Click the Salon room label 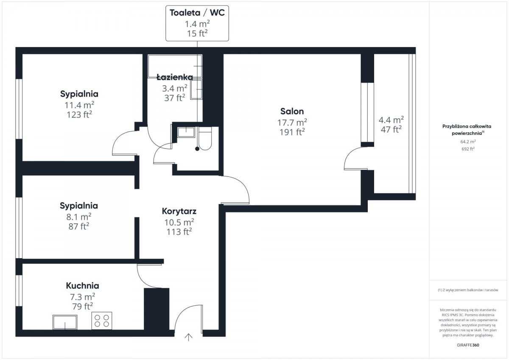292,111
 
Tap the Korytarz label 179,211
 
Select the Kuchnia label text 82,286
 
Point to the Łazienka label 175,77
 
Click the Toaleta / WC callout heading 197,13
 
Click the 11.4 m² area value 79,105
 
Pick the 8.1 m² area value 79,217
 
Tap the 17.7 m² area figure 292,123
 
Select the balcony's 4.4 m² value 391,120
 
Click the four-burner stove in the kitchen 101,321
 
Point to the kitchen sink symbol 65,322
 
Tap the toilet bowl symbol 205,138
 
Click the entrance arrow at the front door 188,337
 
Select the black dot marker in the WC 197,149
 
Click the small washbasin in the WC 186,132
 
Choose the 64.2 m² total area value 468,142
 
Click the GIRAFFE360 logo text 468,345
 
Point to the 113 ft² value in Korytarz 179,232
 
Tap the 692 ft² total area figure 468,149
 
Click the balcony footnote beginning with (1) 468,290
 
